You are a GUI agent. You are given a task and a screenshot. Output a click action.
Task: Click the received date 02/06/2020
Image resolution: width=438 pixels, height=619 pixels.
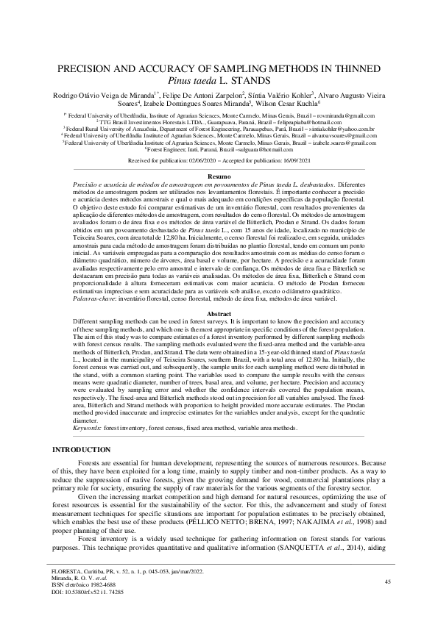pyautogui.click(x=203, y=160)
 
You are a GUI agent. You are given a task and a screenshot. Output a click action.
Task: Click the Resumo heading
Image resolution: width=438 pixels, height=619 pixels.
pyautogui.click(x=219, y=177)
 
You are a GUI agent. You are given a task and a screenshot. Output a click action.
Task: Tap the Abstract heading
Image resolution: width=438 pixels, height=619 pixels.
pyautogui.click(x=219, y=313)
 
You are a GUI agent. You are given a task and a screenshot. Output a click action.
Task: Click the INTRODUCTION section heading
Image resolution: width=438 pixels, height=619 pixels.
pyautogui.click(x=81, y=449)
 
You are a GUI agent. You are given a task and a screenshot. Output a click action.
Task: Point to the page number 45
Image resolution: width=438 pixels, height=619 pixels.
pyautogui.click(x=388, y=582)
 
